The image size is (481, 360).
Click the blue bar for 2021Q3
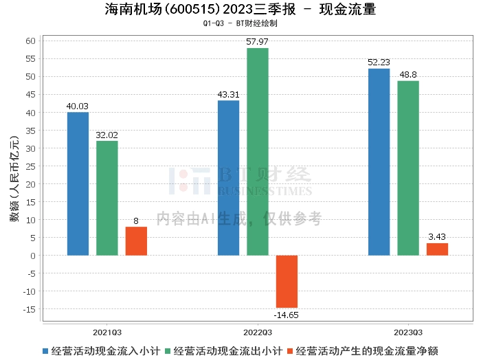tap(78, 183)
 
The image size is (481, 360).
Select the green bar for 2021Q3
tap(107, 198)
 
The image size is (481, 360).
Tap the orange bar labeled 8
tap(136, 241)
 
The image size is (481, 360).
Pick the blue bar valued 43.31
tap(228, 178)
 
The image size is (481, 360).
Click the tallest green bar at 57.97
tap(258, 152)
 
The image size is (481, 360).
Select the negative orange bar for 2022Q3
tap(287, 282)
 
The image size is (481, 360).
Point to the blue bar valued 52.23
tap(379, 162)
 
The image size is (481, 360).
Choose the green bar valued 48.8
tap(408, 168)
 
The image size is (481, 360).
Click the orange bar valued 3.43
tap(437, 249)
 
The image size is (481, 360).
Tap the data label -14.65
tap(287, 315)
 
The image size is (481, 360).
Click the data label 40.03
tap(78, 106)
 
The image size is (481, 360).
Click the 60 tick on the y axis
tap(30, 41)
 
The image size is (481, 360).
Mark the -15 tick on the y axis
tap(28, 309)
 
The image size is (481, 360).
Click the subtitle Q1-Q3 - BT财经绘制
tap(240, 23)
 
